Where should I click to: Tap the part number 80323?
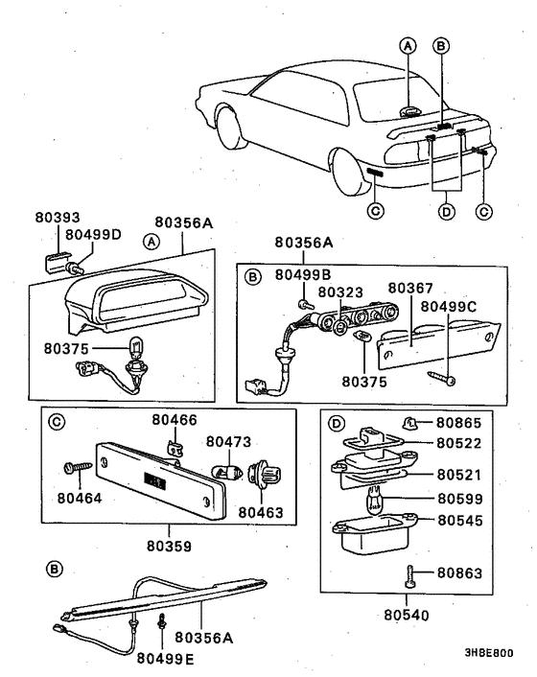tap(340, 291)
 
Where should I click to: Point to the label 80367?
tap(411, 288)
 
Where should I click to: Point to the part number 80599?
tap(458, 498)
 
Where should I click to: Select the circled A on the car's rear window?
tap(409, 46)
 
